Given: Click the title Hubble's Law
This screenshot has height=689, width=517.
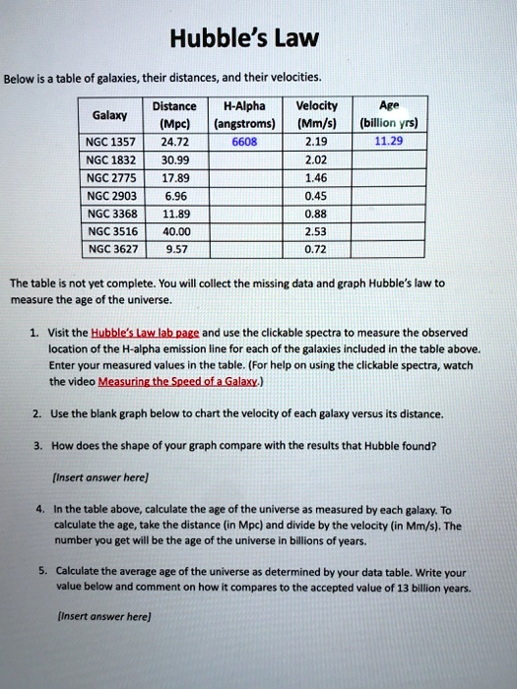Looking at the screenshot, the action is (258, 39).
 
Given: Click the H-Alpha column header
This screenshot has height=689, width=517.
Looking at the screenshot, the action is (244, 105).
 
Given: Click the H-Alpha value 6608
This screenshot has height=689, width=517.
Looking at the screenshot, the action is (244, 141).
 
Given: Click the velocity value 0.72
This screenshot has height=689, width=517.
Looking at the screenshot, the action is (316, 248).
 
